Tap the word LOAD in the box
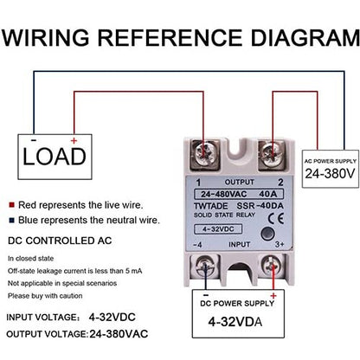click(x=54, y=156)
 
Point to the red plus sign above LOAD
click(x=73, y=139)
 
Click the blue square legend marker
click(x=11, y=221)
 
